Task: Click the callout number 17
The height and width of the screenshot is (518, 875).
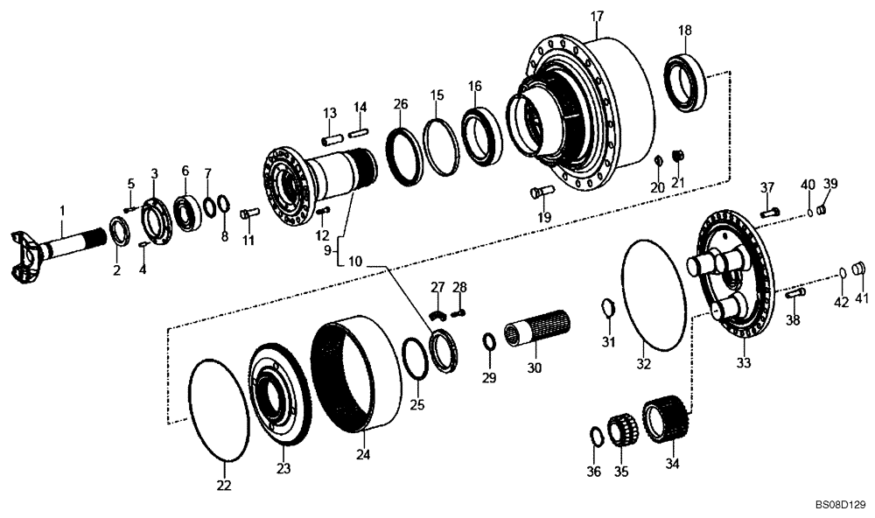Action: click(597, 17)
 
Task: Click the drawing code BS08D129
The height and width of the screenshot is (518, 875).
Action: click(840, 505)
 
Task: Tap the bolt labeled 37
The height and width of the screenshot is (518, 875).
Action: click(768, 211)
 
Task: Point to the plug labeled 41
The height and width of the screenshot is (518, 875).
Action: click(860, 269)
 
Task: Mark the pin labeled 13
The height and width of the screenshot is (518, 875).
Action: click(332, 137)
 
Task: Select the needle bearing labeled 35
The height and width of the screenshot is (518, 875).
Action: click(624, 426)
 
